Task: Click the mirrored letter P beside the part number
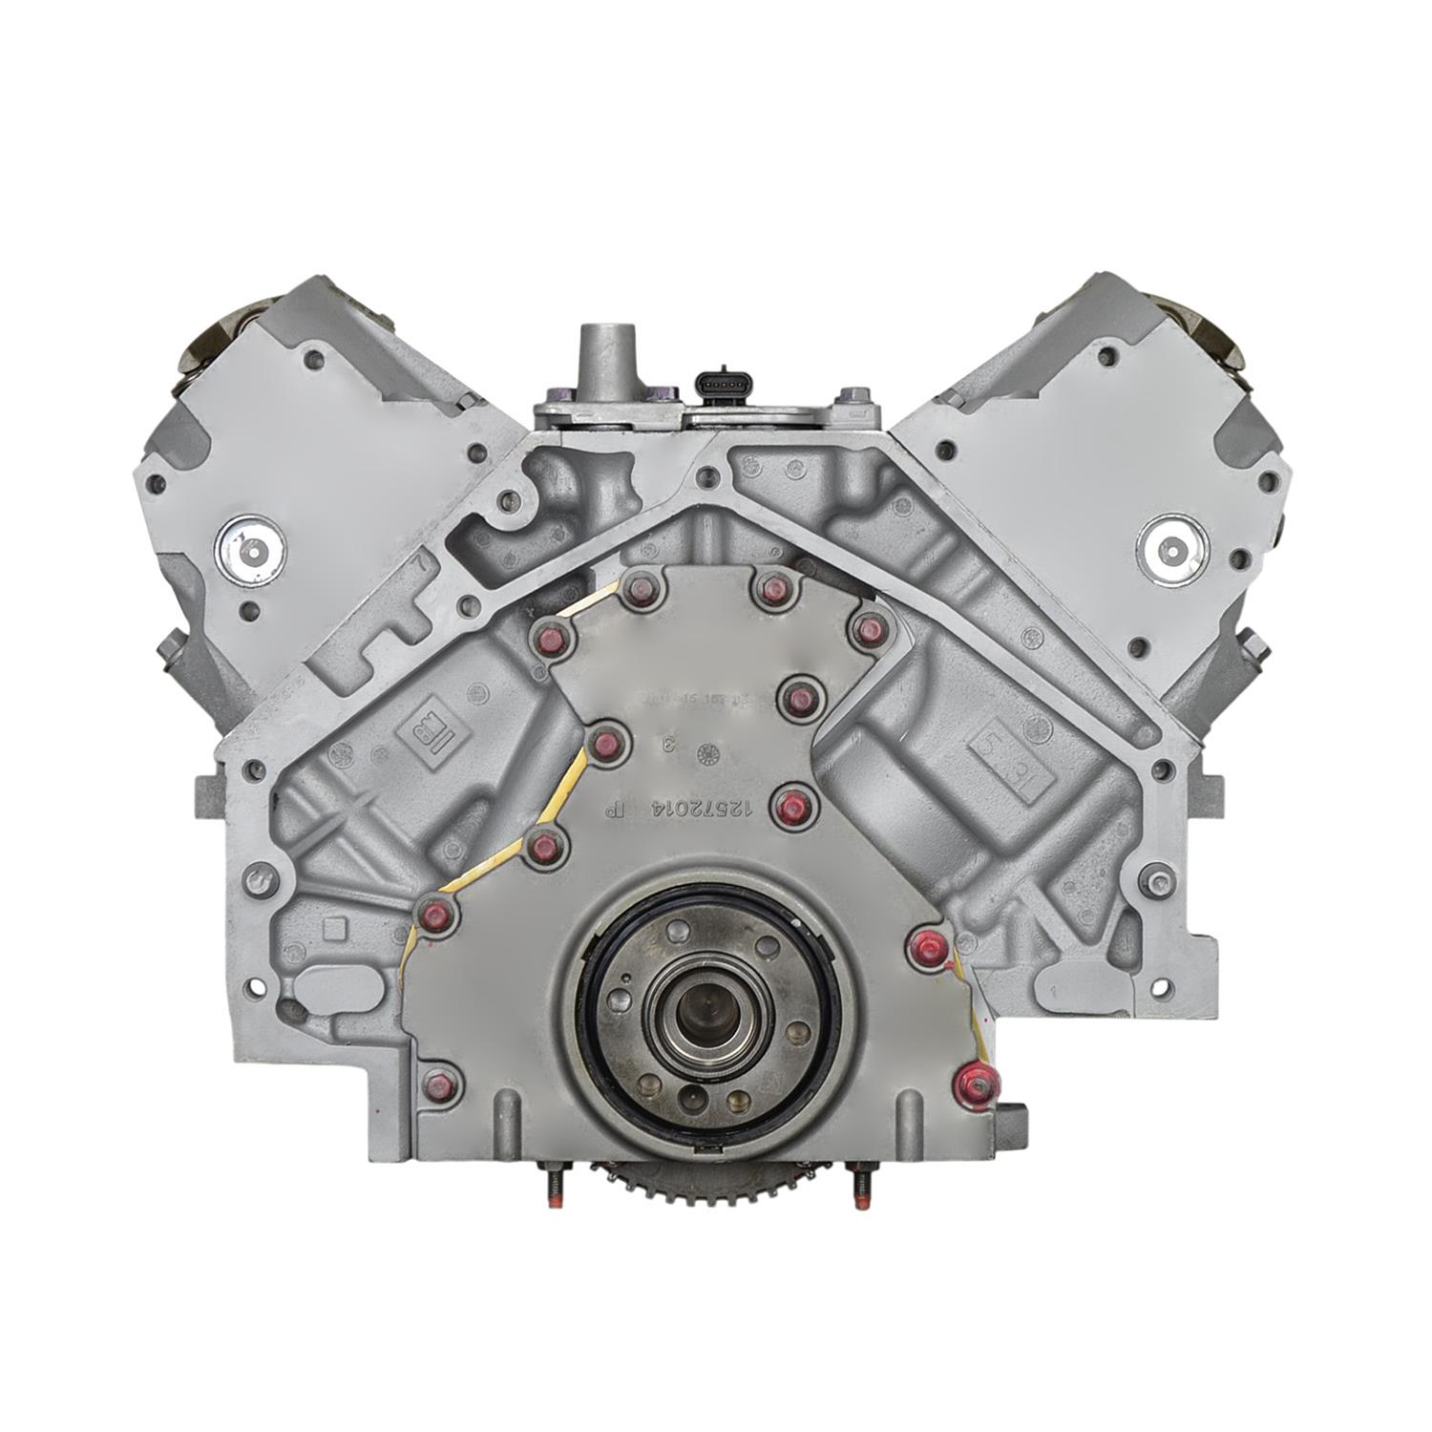tap(615, 810)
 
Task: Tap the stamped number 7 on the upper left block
tap(418, 562)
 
